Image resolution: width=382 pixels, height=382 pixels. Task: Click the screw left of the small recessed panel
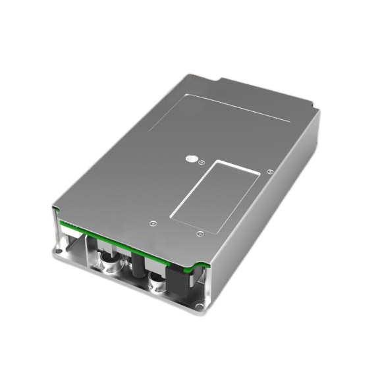tap(153, 223)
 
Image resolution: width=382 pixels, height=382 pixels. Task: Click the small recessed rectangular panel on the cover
tap(217, 190)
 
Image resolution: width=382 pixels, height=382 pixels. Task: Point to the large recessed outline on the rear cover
tap(217, 119)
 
